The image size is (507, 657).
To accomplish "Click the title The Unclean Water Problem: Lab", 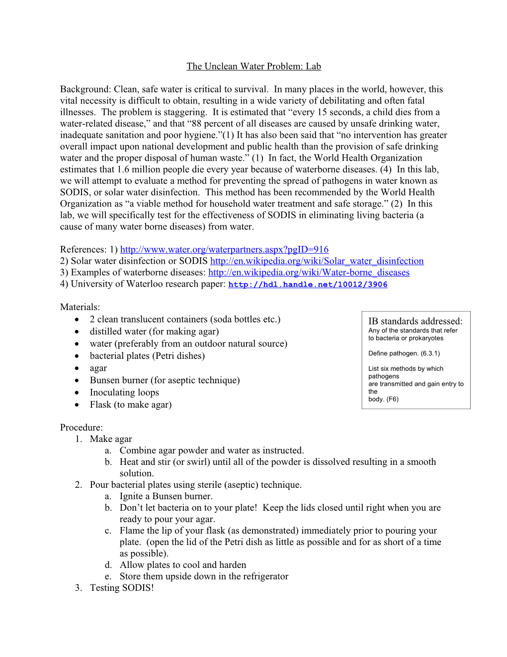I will point(253,66).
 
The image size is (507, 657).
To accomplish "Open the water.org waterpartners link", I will point(224,249).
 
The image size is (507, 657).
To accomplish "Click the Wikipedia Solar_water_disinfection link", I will point(317,261).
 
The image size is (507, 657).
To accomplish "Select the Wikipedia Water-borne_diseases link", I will point(309,272).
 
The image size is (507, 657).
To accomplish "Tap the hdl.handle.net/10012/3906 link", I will point(308,284).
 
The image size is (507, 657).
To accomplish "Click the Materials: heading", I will point(80,307).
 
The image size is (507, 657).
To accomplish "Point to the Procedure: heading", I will point(82,428).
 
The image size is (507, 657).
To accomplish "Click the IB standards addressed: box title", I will point(415,321).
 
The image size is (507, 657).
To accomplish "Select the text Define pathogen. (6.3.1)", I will point(404,353).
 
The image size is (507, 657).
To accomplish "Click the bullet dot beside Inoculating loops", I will point(77,392).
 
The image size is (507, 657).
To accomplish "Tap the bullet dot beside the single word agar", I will point(77,368).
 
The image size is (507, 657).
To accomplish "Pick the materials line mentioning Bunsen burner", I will point(165,380).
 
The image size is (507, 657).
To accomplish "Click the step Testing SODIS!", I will point(122,588).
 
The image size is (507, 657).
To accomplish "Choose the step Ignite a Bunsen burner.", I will point(166,496).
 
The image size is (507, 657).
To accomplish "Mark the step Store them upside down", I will point(204,576).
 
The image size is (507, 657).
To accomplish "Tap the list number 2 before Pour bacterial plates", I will point(78,485).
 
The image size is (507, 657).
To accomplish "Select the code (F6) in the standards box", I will point(392,399).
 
